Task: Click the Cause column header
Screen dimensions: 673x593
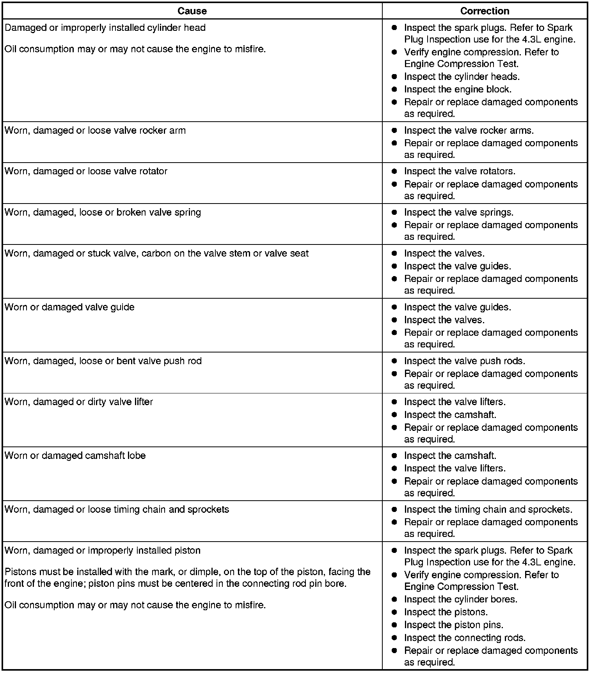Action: click(x=192, y=11)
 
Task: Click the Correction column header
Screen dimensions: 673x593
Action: click(x=485, y=11)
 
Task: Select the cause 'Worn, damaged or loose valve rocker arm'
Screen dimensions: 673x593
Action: click(x=95, y=130)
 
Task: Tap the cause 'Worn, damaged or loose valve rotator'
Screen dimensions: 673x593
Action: click(x=86, y=171)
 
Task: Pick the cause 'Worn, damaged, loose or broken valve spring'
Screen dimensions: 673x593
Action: click(x=103, y=212)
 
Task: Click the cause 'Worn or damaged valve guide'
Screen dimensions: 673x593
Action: click(x=69, y=307)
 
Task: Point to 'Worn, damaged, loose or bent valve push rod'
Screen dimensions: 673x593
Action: click(x=103, y=361)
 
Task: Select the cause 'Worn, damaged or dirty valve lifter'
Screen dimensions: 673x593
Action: click(x=79, y=402)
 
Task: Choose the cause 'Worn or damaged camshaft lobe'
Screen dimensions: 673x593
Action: click(x=75, y=455)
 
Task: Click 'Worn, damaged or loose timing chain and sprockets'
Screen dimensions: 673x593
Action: click(x=117, y=509)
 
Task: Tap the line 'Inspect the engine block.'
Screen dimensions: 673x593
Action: click(x=458, y=89)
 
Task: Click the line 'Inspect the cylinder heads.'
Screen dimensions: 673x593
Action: click(x=462, y=76)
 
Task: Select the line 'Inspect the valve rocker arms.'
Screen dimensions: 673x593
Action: click(x=469, y=130)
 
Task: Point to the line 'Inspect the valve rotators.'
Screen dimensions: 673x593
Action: click(x=460, y=171)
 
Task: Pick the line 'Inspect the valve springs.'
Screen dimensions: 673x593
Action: click(x=458, y=212)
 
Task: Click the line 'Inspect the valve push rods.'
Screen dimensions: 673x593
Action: click(x=464, y=361)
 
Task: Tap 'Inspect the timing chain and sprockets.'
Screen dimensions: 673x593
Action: click(x=488, y=509)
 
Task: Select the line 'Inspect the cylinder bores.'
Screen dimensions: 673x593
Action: click(x=460, y=599)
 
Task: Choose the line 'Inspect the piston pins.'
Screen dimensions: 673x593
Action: click(x=453, y=625)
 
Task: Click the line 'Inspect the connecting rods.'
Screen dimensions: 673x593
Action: click(x=465, y=638)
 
